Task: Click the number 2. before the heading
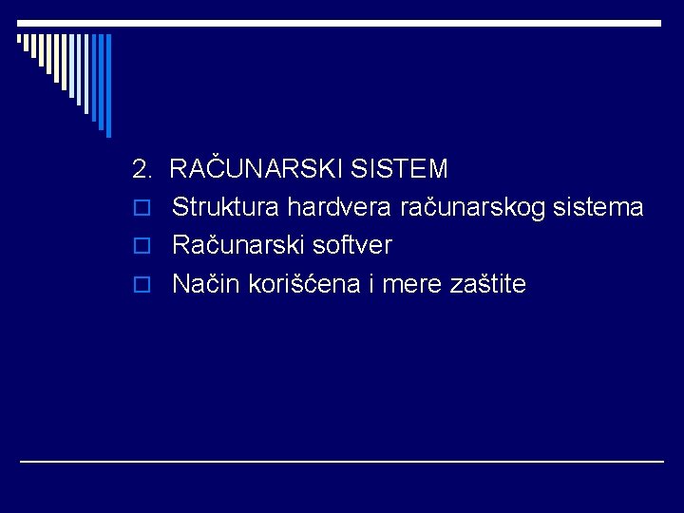pos(142,170)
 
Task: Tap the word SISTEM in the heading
pos(399,170)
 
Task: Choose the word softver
pos(352,245)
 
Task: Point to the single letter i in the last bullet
pos(369,283)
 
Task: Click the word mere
pos(407,283)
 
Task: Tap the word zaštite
pos(485,283)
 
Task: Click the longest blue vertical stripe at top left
pos(107,85)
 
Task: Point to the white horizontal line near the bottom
pos(342,461)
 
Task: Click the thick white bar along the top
pos(342,22)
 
